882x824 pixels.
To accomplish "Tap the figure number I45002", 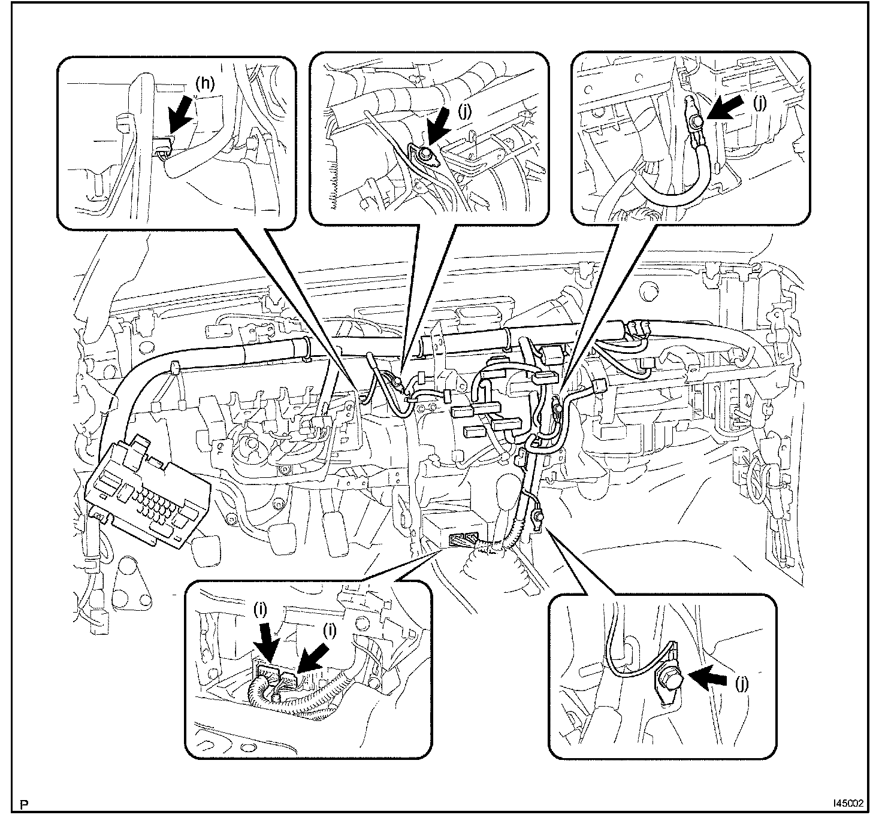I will pos(847,803).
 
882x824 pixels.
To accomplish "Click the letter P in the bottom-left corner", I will pos(24,804).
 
